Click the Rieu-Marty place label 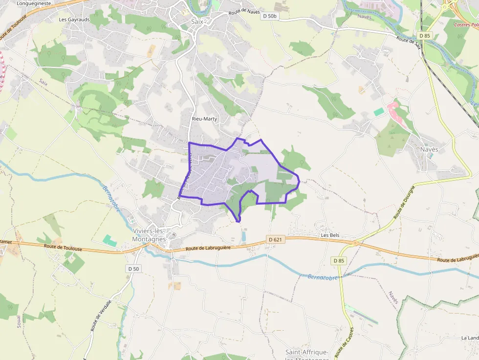point(204,119)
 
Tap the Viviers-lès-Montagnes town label point(149,235)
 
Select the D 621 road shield point(275,239)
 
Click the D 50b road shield point(269,16)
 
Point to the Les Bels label point(330,235)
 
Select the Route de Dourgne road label point(404,202)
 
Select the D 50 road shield point(133,269)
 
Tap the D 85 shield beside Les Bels point(339,261)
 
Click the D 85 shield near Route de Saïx point(424,36)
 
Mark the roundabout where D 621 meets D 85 point(355,242)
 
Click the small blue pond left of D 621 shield point(243,236)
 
